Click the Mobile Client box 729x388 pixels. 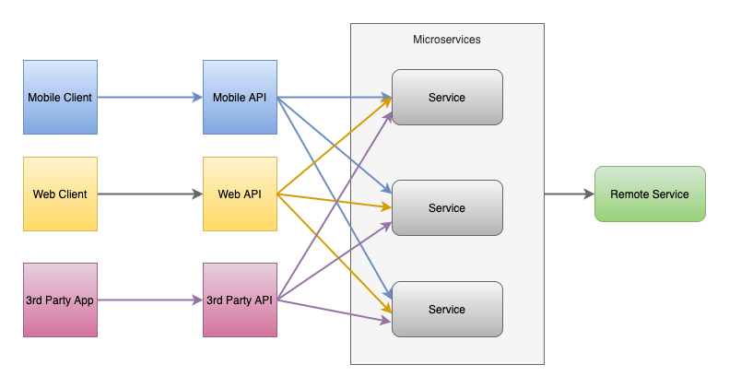[60, 97]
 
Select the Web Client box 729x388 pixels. [60, 194]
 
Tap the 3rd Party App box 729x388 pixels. [60, 300]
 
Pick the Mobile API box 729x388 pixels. [240, 97]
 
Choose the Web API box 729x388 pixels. [240, 194]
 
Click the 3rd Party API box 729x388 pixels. [240, 300]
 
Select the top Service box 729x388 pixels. [447, 97]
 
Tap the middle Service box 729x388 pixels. [447, 207]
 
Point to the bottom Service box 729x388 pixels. [447, 309]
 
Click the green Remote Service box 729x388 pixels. [650, 194]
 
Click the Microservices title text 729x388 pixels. [447, 40]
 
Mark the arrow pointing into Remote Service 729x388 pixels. [569, 194]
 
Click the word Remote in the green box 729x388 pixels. [629, 194]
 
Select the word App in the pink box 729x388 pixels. [83, 300]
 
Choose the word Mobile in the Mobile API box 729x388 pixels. [229, 98]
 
